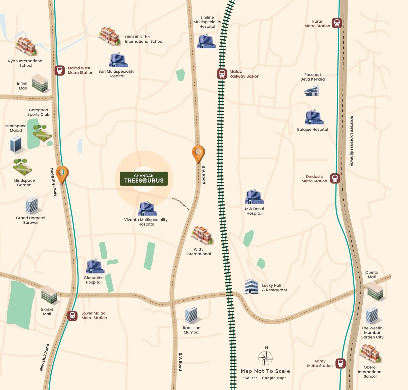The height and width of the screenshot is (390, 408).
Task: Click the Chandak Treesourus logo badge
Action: click(144, 179)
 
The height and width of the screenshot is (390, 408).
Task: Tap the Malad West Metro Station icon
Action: click(59, 70)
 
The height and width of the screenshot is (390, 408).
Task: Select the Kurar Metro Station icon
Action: click(337, 23)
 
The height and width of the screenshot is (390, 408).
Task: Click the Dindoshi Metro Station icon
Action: click(335, 178)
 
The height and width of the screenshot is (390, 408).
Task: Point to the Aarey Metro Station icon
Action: click(341, 363)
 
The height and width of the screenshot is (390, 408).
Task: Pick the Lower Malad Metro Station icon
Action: click(72, 316)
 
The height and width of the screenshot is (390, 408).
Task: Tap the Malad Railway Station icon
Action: click(222, 74)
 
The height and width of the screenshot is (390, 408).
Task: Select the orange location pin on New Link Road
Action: click(62, 174)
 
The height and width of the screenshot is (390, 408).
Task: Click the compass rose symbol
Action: click(265, 358)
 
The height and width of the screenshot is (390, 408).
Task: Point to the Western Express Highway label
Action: click(352, 141)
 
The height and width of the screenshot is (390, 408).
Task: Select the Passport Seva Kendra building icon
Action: click(312, 91)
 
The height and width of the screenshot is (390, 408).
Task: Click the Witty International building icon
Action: click(202, 235)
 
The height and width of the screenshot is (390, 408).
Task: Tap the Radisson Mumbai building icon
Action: click(192, 314)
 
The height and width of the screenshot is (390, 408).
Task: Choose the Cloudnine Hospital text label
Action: click(94, 280)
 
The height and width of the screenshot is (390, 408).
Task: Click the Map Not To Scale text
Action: click(265, 371)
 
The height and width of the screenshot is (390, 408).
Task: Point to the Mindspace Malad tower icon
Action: click(16, 144)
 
